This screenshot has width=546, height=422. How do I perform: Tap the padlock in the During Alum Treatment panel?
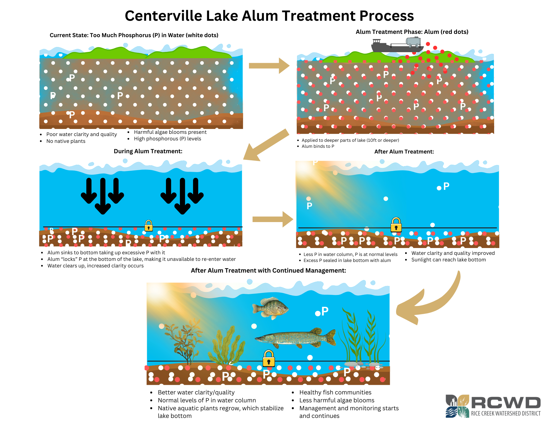pyautogui.click(x=149, y=226)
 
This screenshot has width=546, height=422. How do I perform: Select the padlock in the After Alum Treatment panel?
pyautogui.click(x=396, y=225)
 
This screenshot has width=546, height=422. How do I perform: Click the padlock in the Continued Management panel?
pyautogui.click(x=269, y=359)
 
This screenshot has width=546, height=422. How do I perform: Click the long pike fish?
pyautogui.click(x=296, y=338)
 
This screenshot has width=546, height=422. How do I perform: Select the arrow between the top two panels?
pyautogui.click(x=269, y=66)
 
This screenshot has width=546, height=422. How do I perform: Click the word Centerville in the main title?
pyautogui.click(x=163, y=16)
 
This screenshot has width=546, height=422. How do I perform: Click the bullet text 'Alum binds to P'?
pyautogui.click(x=318, y=146)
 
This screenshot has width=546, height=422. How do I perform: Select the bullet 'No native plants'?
pyautogui.click(x=66, y=141)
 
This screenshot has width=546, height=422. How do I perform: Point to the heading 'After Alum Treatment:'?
pyautogui.click(x=404, y=152)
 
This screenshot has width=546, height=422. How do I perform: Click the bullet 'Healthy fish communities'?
pyautogui.click(x=335, y=393)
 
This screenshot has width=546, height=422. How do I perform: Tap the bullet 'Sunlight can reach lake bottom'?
pyautogui.click(x=449, y=260)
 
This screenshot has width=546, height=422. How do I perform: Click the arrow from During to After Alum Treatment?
pyautogui.click(x=272, y=219)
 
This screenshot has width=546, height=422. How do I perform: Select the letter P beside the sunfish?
pyautogui.click(x=325, y=311)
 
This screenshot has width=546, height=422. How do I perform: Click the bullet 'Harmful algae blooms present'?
pyautogui.click(x=170, y=132)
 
